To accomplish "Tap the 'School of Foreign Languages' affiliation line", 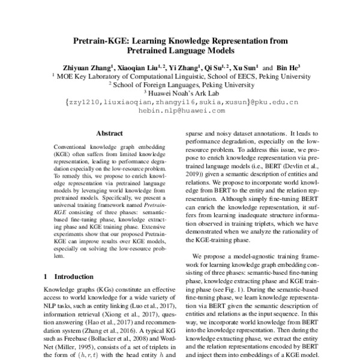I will tap(180, 85).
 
